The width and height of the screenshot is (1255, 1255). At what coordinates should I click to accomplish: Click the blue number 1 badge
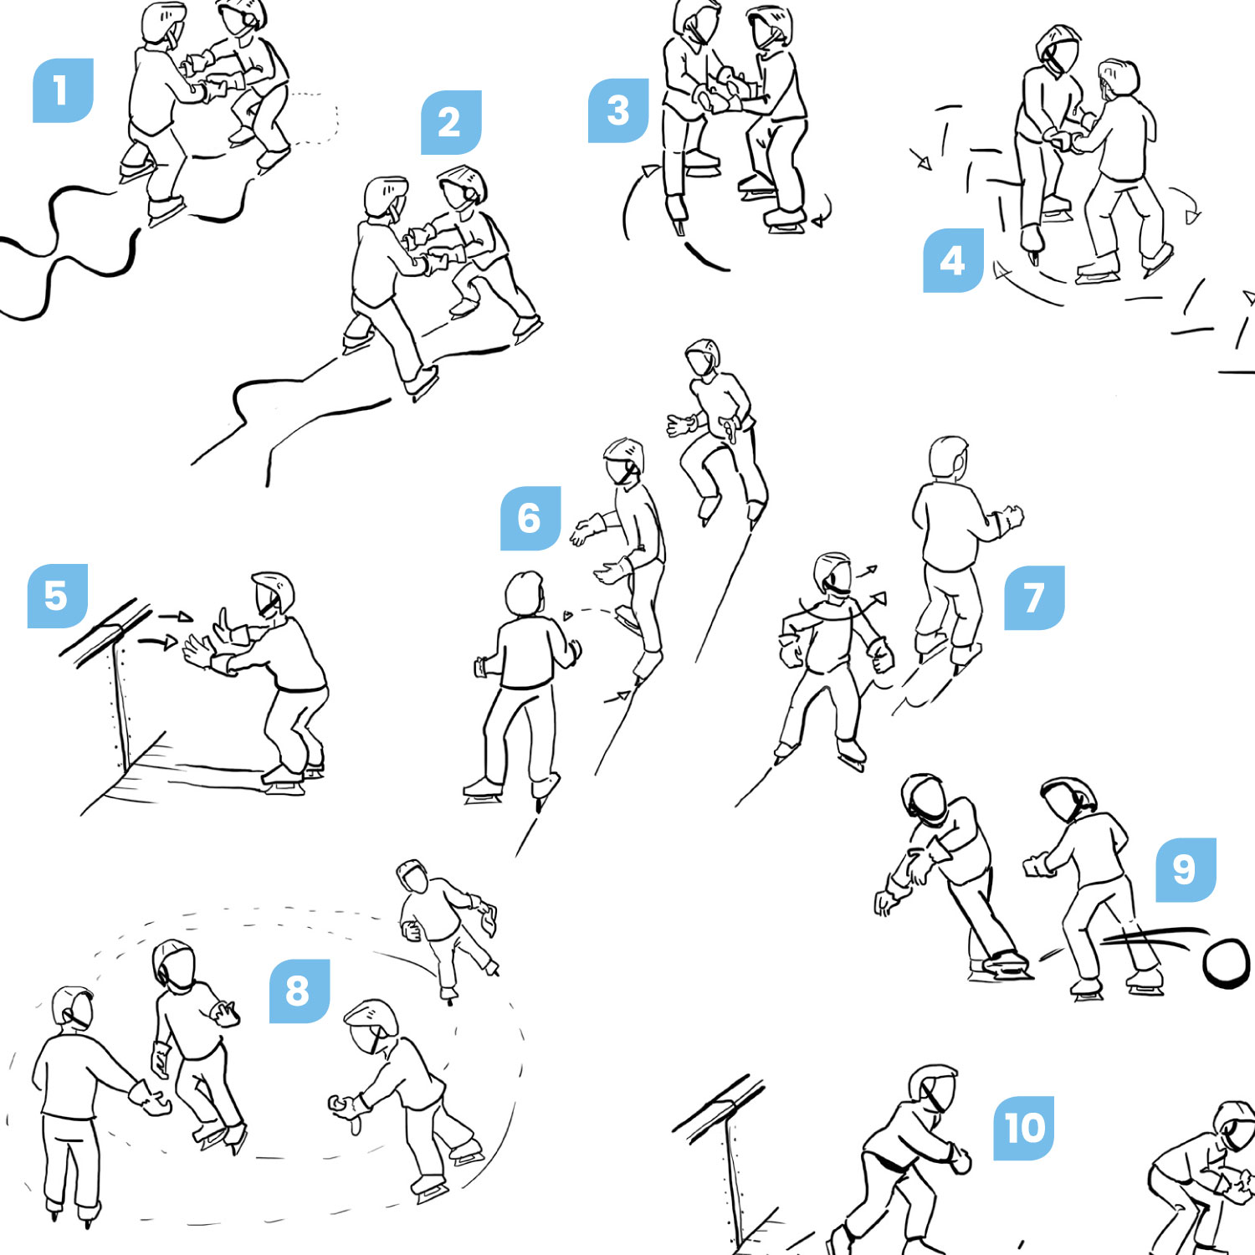tap(63, 91)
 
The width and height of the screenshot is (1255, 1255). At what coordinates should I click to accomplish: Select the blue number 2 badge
tap(451, 122)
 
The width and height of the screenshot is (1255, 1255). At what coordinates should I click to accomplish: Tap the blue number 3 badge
tap(618, 110)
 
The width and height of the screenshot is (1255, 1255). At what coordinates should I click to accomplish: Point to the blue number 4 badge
tap(953, 260)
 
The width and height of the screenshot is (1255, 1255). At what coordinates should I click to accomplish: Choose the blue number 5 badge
tap(58, 596)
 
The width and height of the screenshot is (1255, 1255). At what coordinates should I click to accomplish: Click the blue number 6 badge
tap(530, 518)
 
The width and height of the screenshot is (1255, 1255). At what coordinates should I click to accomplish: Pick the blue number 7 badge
tap(1034, 597)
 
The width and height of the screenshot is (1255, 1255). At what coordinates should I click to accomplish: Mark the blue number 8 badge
tap(300, 991)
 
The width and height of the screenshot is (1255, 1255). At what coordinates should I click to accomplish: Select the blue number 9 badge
tap(1186, 869)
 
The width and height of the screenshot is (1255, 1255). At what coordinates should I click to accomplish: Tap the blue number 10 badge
tap(1024, 1128)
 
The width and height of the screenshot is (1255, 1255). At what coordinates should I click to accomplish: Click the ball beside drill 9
tap(1226, 962)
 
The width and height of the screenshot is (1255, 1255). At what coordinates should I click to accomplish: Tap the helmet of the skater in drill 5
tap(274, 593)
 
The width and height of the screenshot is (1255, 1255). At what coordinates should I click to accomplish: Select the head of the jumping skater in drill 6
tap(703, 357)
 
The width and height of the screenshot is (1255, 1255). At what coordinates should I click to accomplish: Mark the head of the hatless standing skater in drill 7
tap(949, 457)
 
